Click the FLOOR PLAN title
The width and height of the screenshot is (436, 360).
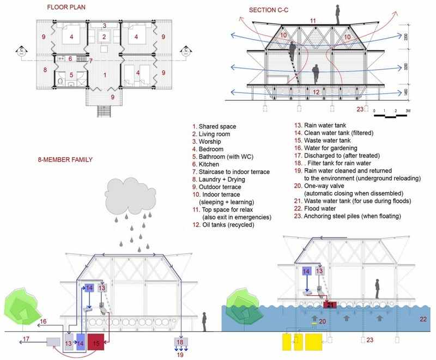point(66,8)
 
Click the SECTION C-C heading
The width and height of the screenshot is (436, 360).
point(269,10)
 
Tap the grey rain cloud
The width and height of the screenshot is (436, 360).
point(130,196)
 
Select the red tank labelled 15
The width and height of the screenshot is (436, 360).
point(96,342)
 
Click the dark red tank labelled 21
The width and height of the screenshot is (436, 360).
point(330,305)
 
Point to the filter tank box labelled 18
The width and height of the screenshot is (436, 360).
point(181,341)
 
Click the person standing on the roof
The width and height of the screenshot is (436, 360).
point(337,15)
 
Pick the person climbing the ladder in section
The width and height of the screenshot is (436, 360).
point(292,52)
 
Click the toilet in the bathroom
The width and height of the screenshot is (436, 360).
point(60,81)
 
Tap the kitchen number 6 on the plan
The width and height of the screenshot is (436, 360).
point(70,59)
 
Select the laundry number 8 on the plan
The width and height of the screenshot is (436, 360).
point(45,70)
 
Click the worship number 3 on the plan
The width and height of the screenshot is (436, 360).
point(105,26)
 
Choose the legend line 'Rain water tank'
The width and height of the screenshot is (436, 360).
point(320,125)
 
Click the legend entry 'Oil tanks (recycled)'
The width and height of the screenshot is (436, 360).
point(223,225)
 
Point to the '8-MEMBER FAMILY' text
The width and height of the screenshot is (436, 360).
point(65,160)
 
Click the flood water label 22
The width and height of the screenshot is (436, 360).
point(423,319)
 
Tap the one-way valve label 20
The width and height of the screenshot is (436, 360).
point(322,321)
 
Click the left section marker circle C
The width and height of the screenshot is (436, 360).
point(21,51)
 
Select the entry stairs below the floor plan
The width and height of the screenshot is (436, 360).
point(104,112)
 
